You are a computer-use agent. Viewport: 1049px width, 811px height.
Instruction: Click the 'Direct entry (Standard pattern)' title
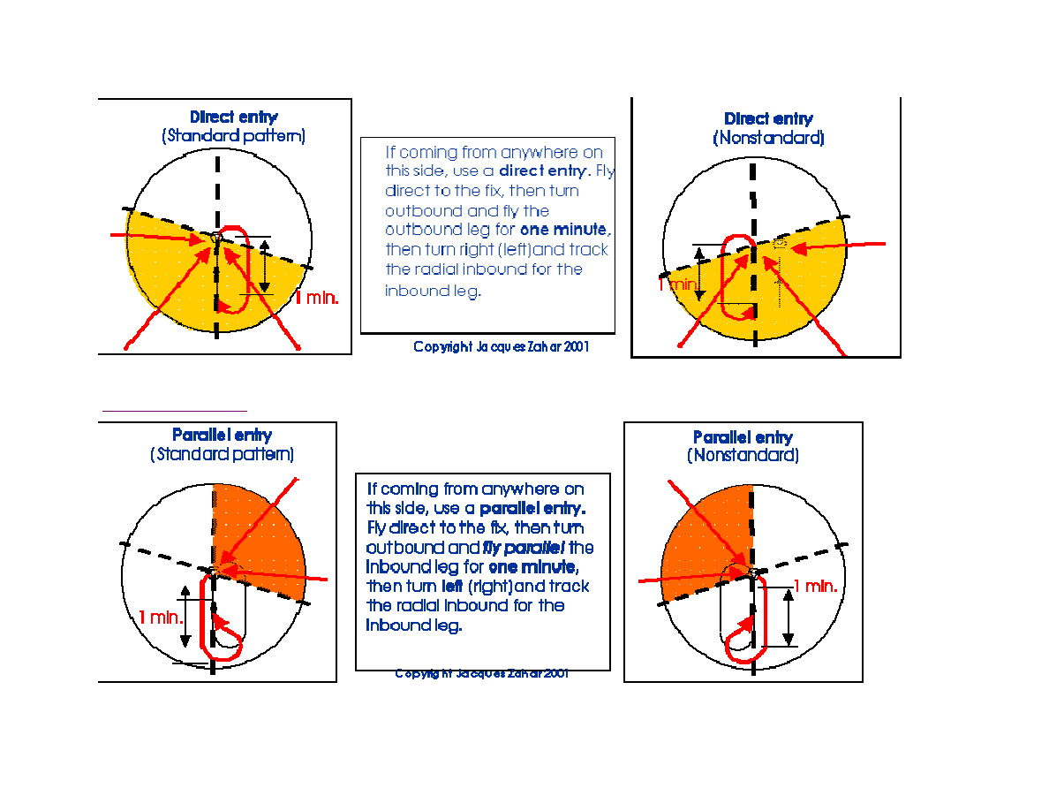[x=233, y=126]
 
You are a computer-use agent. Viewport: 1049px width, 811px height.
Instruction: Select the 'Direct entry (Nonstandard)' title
[x=768, y=128]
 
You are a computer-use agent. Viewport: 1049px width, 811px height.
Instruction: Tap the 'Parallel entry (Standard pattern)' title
[x=223, y=445]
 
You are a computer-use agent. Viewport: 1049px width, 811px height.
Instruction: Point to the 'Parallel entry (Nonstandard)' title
[x=743, y=446]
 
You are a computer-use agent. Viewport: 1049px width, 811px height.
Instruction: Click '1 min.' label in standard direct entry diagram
[x=316, y=298]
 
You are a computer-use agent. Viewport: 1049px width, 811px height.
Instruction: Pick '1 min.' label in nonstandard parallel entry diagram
[x=816, y=587]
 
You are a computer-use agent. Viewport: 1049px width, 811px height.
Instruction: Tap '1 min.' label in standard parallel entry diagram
[x=161, y=617]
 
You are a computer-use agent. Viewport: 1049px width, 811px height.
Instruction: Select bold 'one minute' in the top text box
[x=565, y=230]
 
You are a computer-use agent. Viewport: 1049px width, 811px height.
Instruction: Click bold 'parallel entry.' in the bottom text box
[x=532, y=509]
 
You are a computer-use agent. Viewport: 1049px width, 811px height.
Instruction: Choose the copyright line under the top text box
[x=501, y=346]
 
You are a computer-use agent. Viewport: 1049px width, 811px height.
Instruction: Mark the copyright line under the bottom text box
[x=482, y=673]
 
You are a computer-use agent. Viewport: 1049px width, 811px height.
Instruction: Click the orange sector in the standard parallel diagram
[x=260, y=535]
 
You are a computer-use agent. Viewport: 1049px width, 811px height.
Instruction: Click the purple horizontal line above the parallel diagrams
[x=175, y=410]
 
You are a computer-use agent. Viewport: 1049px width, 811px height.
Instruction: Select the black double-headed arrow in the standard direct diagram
[x=265, y=266]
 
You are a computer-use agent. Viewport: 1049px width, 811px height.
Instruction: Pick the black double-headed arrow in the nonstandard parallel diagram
[x=789, y=618]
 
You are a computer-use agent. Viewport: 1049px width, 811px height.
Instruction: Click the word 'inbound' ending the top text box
[x=432, y=291]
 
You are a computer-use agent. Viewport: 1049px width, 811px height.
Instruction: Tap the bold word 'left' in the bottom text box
[x=452, y=587]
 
